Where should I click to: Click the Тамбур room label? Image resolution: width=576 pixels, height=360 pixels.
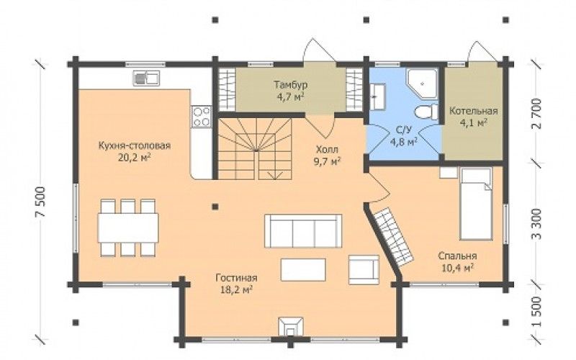coord(291,85)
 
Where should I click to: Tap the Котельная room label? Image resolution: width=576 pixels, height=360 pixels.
coord(474,111)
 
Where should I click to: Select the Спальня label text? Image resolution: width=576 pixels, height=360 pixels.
coord(457,256)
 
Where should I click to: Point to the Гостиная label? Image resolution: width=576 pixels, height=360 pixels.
coord(237,278)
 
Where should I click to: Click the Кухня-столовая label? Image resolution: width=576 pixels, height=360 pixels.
coord(135,146)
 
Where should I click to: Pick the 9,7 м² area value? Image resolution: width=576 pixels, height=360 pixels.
coord(327,161)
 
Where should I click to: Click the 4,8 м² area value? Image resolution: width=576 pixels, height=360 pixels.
coord(404,142)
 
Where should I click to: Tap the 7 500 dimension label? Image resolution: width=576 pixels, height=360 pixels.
coord(41,202)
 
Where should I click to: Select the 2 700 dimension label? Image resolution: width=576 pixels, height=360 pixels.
coord(536,114)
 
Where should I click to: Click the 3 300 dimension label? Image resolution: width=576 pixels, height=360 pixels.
coord(536,224)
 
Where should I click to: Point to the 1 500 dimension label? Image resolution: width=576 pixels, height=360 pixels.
coord(536,312)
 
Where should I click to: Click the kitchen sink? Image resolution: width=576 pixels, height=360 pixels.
coord(146,78)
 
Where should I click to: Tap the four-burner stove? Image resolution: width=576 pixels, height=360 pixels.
coord(202,117)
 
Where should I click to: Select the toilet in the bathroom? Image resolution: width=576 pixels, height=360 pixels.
coord(426,112)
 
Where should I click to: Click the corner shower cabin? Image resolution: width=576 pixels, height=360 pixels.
coord(422,84)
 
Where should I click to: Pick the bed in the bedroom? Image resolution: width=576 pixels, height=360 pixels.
coord(476,204)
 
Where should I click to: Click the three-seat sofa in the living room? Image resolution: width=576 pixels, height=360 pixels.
coord(303,231)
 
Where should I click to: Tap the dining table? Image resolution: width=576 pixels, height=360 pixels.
coord(128,228)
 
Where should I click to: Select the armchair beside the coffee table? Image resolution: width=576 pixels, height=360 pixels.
coord(364,270)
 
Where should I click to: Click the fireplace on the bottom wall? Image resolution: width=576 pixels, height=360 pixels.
coord(291,327)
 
